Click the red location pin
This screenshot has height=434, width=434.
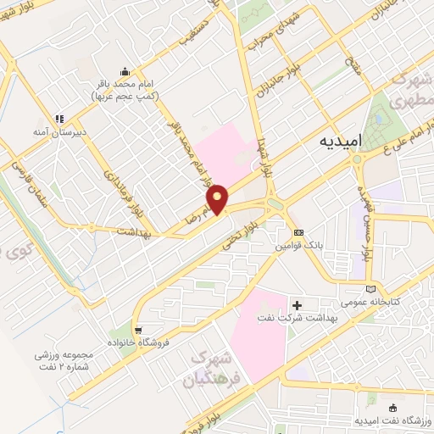(218, 198)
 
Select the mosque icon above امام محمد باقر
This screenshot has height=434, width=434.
(125, 71)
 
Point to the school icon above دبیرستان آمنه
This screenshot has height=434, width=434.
(58, 119)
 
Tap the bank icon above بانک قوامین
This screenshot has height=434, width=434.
(298, 232)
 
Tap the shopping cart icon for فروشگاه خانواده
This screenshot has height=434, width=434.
(137, 330)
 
